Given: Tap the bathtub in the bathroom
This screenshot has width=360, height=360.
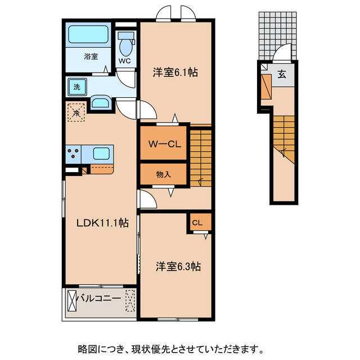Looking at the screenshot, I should coord(89,35).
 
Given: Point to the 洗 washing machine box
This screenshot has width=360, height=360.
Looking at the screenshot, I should coord(75,87).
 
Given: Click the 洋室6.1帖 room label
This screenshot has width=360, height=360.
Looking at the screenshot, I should coord(175,73).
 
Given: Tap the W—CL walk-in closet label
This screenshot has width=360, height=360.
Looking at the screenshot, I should coord(164,143).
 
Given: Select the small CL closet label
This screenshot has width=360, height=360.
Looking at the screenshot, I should coord(198,223).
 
